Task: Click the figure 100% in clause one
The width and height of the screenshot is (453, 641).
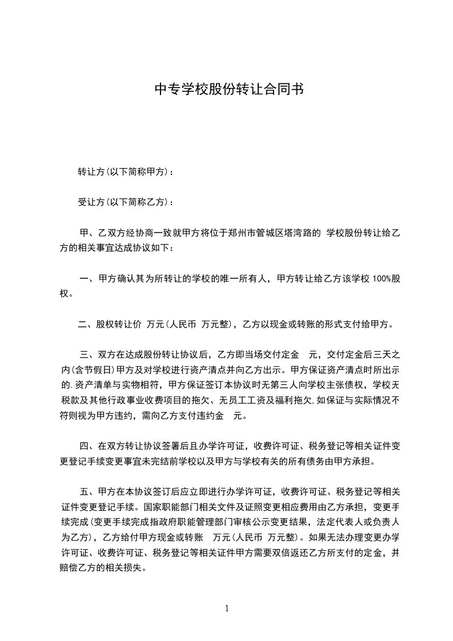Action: coord(381,279)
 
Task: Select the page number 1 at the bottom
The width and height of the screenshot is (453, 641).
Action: coord(227,608)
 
